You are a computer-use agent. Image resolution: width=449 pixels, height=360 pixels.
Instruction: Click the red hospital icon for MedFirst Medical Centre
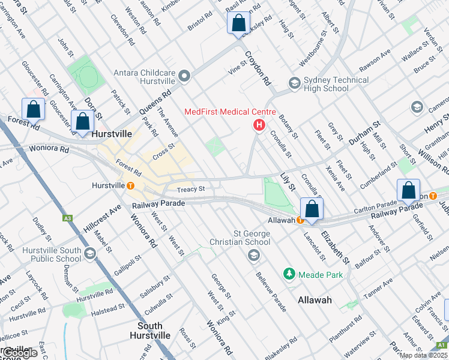pyautogui.click(x=259, y=125)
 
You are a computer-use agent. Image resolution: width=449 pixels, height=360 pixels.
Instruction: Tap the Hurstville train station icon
pyautogui.click(x=130, y=185)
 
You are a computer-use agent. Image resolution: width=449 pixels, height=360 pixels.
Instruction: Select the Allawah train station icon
pyautogui.click(x=300, y=220)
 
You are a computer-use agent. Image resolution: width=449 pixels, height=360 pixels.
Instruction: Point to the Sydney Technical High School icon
pyautogui.click(x=294, y=83)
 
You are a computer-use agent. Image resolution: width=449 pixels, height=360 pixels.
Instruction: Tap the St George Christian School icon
pyautogui.click(x=253, y=256)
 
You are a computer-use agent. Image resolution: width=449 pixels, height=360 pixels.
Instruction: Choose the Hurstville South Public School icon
pyautogui.click(x=90, y=253)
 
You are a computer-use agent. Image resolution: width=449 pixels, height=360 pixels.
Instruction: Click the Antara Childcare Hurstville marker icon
pyautogui.click(x=184, y=76)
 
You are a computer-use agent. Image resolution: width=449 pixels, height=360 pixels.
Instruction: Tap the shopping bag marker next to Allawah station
pyautogui.click(x=312, y=209)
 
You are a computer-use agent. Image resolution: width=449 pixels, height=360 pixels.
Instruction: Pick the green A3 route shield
pyautogui.click(x=67, y=218)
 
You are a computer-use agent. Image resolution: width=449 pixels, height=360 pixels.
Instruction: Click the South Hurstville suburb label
pyautogui.click(x=146, y=331)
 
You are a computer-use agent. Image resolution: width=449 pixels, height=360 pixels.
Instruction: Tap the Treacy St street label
pyautogui.click(x=191, y=189)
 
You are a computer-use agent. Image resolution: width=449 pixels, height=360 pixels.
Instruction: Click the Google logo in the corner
pyautogui.click(x=19, y=353)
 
